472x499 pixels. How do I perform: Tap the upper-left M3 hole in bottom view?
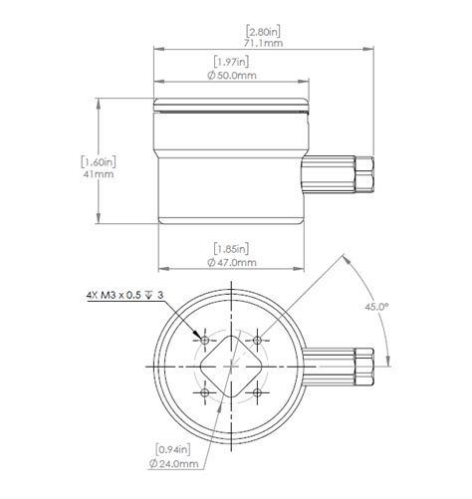click(205, 340)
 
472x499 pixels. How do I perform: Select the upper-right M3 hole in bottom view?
click(257, 340)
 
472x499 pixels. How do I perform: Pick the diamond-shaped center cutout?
click(231, 367)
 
